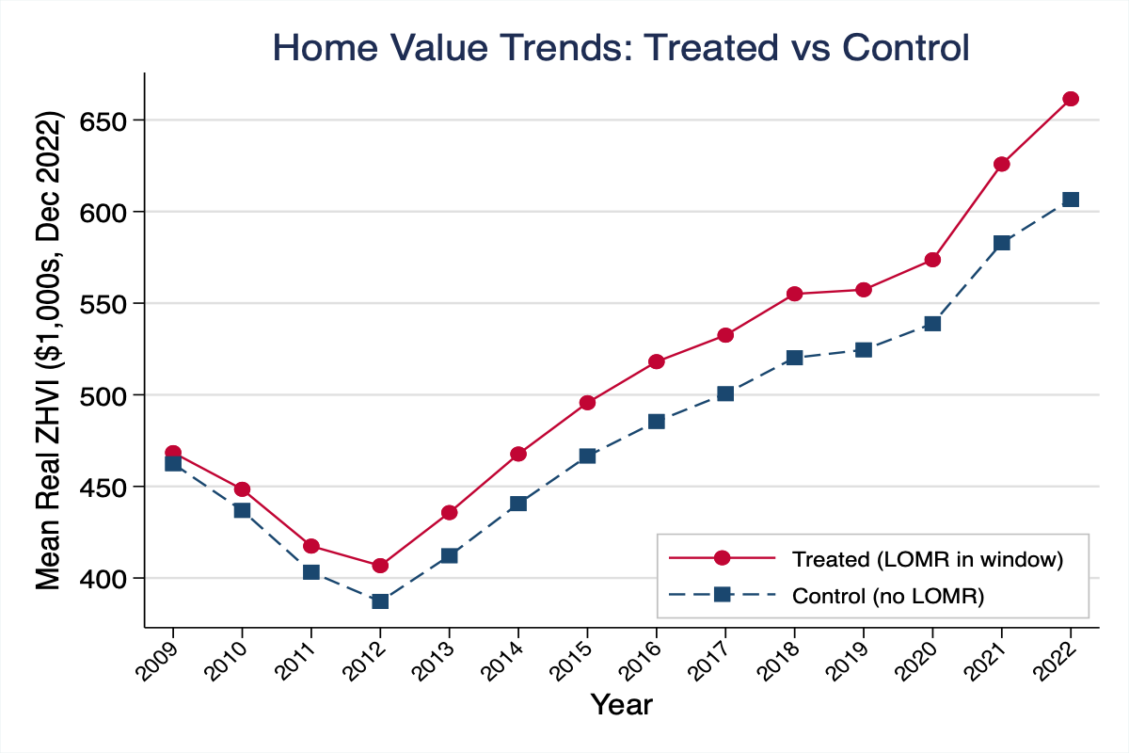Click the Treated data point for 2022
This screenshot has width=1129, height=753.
tap(1071, 99)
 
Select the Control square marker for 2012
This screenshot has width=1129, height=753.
tap(380, 601)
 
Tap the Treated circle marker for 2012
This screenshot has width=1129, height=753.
tap(380, 566)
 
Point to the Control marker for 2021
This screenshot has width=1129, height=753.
tap(1001, 243)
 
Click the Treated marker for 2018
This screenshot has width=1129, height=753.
tap(794, 294)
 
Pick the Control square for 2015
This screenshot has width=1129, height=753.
tap(587, 456)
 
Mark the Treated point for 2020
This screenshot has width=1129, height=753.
tap(932, 260)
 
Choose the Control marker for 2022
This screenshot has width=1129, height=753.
tap(1071, 200)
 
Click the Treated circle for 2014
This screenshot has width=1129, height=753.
tap(518, 454)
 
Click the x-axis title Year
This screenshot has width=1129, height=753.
tap(621, 704)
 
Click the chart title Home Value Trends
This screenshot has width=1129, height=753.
tap(621, 48)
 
